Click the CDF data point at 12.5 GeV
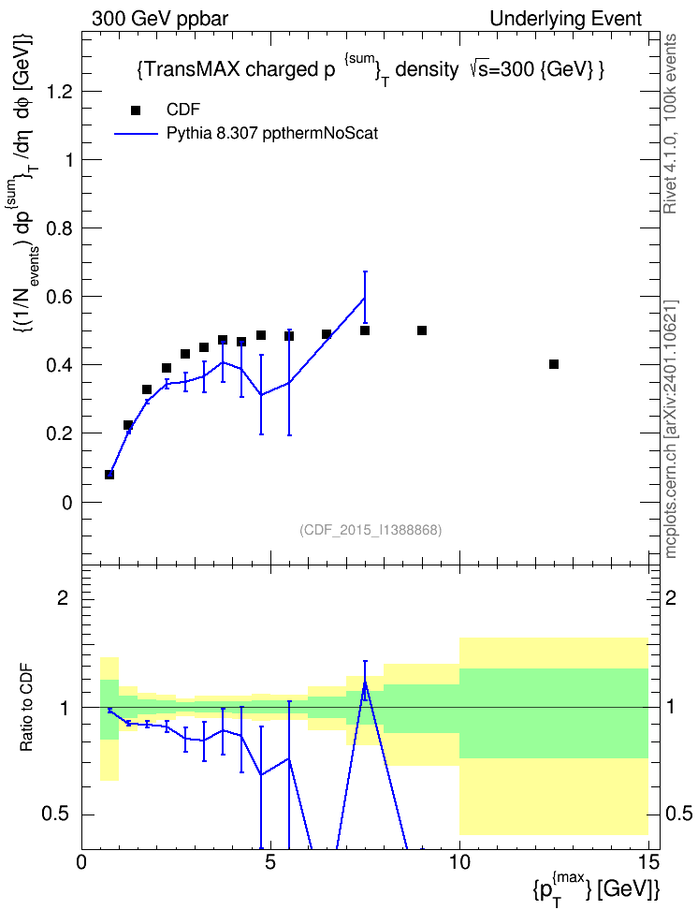click(x=554, y=364)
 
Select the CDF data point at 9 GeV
click(x=422, y=330)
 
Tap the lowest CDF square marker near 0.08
click(x=109, y=474)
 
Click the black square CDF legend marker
click(x=136, y=110)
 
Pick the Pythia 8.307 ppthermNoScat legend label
click(x=272, y=134)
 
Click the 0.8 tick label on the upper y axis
click(x=59, y=228)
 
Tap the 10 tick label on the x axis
click(x=459, y=862)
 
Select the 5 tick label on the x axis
click(x=269, y=862)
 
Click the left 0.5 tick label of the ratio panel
click(x=57, y=815)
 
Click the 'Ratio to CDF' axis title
click(x=26, y=708)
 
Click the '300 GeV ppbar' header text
click(x=160, y=19)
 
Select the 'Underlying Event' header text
click(x=566, y=19)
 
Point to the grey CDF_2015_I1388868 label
click(x=371, y=530)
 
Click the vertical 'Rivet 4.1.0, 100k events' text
click(x=671, y=124)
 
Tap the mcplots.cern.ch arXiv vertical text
click(x=671, y=429)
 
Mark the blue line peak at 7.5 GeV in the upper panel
click(x=365, y=297)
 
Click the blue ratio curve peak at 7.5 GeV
click(x=365, y=682)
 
